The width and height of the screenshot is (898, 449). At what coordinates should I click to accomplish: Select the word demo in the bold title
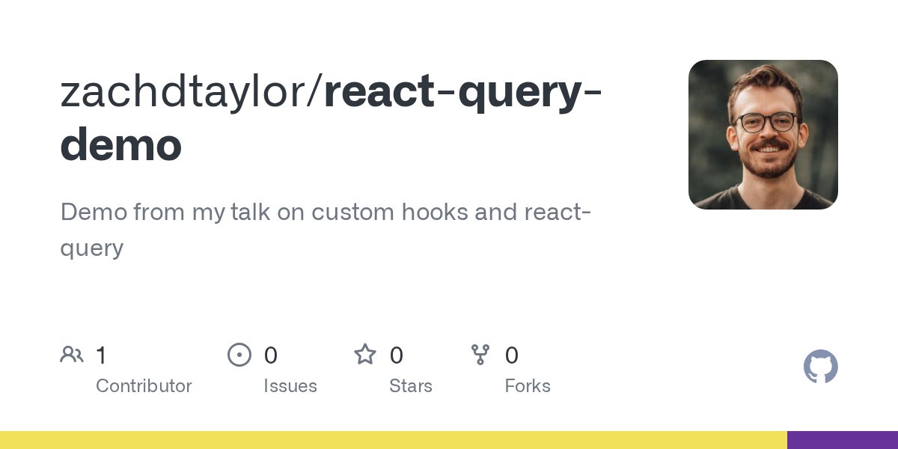[120, 145]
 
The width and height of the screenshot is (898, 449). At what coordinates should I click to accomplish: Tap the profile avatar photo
[763, 135]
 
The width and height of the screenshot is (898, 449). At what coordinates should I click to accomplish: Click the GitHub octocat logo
[820, 367]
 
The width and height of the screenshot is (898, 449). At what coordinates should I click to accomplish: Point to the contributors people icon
[72, 355]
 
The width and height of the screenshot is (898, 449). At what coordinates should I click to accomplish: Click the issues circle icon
[239, 355]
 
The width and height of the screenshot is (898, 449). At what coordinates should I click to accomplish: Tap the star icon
[365, 355]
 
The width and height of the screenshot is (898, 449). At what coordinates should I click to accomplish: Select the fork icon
[480, 355]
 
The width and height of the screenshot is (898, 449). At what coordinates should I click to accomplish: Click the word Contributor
[144, 386]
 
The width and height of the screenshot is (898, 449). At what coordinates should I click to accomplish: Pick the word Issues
[290, 386]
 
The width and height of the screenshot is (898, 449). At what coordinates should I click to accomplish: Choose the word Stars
[410, 386]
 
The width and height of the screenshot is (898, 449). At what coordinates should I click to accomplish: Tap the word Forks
[527, 386]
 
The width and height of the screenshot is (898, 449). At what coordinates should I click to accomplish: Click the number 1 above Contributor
[102, 355]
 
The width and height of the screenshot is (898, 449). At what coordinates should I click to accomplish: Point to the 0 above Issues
[270, 355]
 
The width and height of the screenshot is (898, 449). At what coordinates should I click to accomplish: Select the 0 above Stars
[397, 355]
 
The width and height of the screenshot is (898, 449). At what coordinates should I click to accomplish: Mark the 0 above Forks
[511, 355]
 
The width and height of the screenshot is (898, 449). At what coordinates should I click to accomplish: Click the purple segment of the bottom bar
[842, 440]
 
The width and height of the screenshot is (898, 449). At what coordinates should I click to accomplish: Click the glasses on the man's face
[766, 121]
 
